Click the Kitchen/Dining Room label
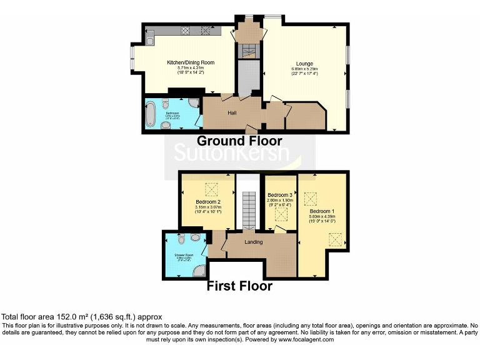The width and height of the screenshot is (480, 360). pos(191,62)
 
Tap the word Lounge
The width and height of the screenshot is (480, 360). pos(304,64)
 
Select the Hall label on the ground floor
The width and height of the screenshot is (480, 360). pos(232,112)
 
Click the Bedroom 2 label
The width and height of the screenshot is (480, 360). pos(207,202)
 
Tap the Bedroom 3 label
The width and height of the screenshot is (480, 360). pos(280,195)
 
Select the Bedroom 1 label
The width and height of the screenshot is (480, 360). pos(322,211)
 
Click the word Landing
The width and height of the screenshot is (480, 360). pos(254,242)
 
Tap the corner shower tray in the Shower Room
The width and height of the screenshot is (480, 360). pos(199,270)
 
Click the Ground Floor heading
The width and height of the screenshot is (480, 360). pos(239,141)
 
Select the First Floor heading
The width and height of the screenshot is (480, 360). pos(240,286)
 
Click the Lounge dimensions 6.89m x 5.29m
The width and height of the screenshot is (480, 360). pos(304,69)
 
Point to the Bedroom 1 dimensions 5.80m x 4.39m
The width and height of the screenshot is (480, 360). pos(322,217)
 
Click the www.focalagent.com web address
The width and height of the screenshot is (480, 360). pos(306,339)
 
